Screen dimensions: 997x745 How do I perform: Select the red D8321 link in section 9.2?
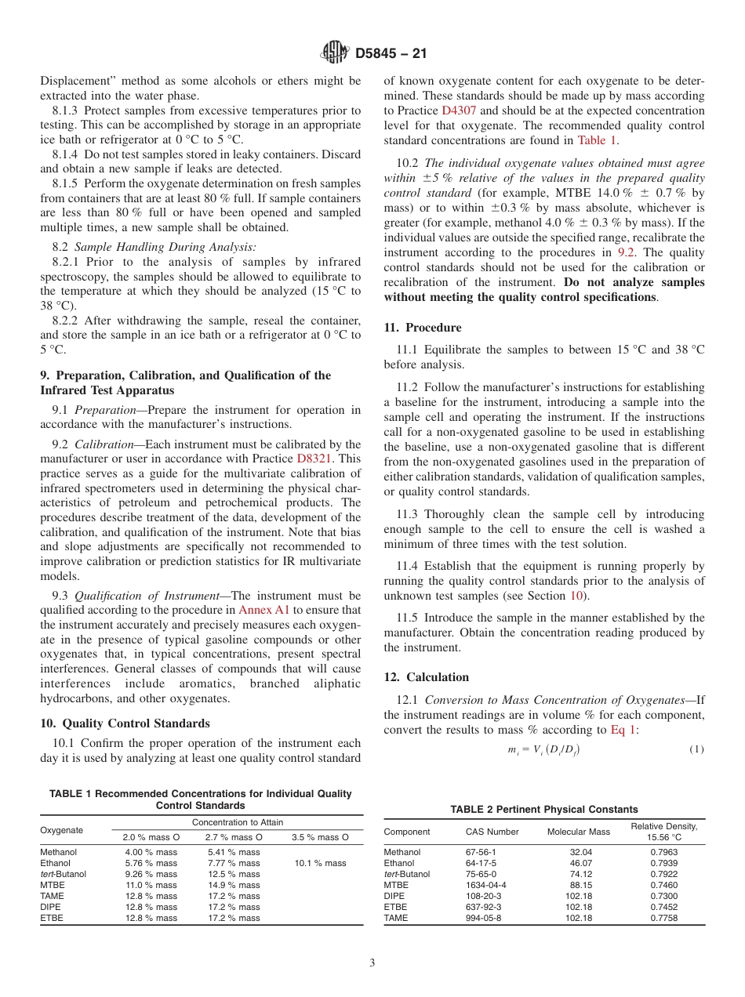(329, 459)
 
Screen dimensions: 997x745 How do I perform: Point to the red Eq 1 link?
(624, 730)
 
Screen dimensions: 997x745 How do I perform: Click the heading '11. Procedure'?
(422, 328)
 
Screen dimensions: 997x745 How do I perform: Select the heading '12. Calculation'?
(426, 677)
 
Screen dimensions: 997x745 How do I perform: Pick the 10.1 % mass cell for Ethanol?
(319, 863)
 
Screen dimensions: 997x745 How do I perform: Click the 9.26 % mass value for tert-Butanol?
(151, 874)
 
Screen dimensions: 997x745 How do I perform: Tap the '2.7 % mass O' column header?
(234, 837)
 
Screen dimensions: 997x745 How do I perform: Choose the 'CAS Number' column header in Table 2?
(492, 832)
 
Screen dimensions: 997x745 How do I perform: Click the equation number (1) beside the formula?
(696, 749)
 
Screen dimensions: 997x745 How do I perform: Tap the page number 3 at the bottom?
(372, 963)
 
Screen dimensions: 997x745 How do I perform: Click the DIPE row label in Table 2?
(394, 896)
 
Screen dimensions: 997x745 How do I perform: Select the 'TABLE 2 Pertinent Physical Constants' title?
(543, 809)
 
